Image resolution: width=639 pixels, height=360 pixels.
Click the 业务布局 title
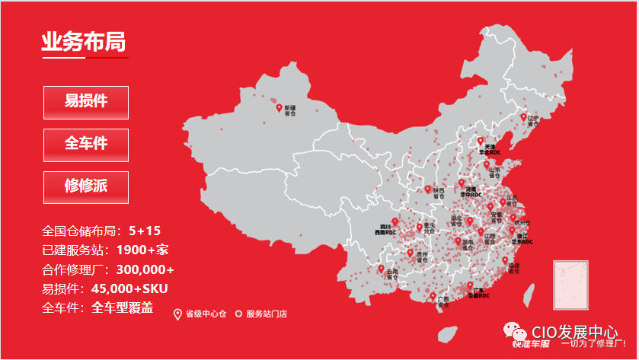[x=84, y=42]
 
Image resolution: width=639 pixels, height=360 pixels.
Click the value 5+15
[x=145, y=231]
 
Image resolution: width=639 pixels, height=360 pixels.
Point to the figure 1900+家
[x=142, y=250]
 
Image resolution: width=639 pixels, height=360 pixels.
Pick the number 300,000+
[x=144, y=269]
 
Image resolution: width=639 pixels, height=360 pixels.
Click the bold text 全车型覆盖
[x=123, y=308]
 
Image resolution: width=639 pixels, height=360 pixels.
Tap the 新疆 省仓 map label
[x=290, y=110]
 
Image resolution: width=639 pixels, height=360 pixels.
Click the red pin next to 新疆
[x=279, y=108]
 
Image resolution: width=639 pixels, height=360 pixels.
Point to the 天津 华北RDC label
[x=490, y=149]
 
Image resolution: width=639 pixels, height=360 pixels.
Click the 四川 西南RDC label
[x=385, y=230]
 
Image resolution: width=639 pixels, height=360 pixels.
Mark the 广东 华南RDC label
[x=479, y=293]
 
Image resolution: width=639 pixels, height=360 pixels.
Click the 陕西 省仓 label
[x=439, y=193]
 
